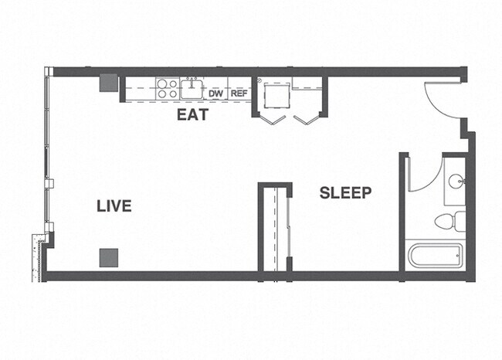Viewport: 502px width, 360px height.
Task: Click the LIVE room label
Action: (114, 206)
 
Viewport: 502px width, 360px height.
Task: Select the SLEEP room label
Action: (345, 193)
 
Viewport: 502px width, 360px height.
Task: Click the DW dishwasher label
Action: (215, 93)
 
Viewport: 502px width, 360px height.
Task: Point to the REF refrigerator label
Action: (239, 93)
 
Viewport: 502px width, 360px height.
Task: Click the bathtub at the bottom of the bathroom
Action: (434, 256)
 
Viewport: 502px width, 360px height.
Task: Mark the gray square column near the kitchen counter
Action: (107, 82)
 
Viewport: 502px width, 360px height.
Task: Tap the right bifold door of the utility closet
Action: (307, 119)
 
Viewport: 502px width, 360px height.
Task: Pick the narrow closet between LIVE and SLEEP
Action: (275, 228)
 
